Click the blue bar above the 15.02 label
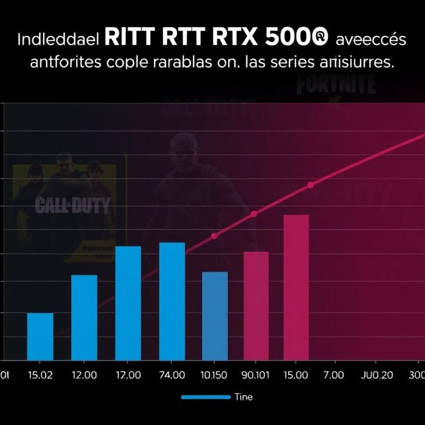[40, 336]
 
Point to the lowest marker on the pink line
[214, 236]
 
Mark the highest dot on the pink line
[311, 185]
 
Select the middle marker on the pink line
[254, 214]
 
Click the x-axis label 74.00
[172, 375]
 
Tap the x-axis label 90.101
[255, 375]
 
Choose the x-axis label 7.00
[333, 375]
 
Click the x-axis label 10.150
[214, 375]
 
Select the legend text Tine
[243, 397]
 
